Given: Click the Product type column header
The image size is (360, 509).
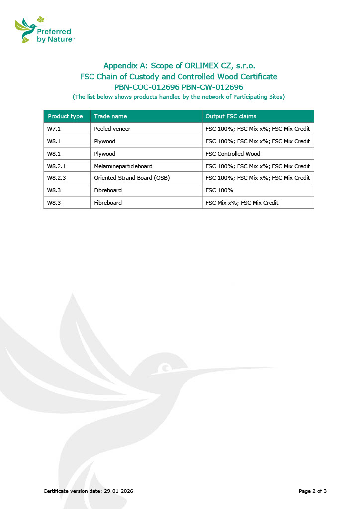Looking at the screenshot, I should tap(65, 116).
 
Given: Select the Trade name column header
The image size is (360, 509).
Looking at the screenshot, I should tap(110, 116).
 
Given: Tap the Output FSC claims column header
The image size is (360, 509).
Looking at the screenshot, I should tap(231, 116).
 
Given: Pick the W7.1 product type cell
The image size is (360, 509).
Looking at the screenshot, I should tap(54, 129).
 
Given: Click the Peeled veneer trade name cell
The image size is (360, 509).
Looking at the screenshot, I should tap(112, 129).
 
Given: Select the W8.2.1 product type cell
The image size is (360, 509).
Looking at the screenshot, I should tap(56, 166).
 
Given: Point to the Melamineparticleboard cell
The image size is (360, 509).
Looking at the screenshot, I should tap(123, 166).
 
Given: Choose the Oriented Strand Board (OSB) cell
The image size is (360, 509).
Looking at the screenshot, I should tap(132, 178).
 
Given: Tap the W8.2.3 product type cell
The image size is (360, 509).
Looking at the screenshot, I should tap(56, 178).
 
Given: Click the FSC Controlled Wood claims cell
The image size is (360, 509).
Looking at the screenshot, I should tap(233, 154).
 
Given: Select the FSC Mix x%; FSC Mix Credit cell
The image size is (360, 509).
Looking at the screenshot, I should tap(242, 203).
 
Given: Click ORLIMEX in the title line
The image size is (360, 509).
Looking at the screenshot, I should tap(204, 65).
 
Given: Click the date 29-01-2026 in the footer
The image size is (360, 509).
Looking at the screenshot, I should tap(118, 491).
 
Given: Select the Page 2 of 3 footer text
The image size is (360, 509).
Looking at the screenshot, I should tap(312, 491).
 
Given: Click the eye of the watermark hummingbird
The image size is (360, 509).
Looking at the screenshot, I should tap(164, 369).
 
